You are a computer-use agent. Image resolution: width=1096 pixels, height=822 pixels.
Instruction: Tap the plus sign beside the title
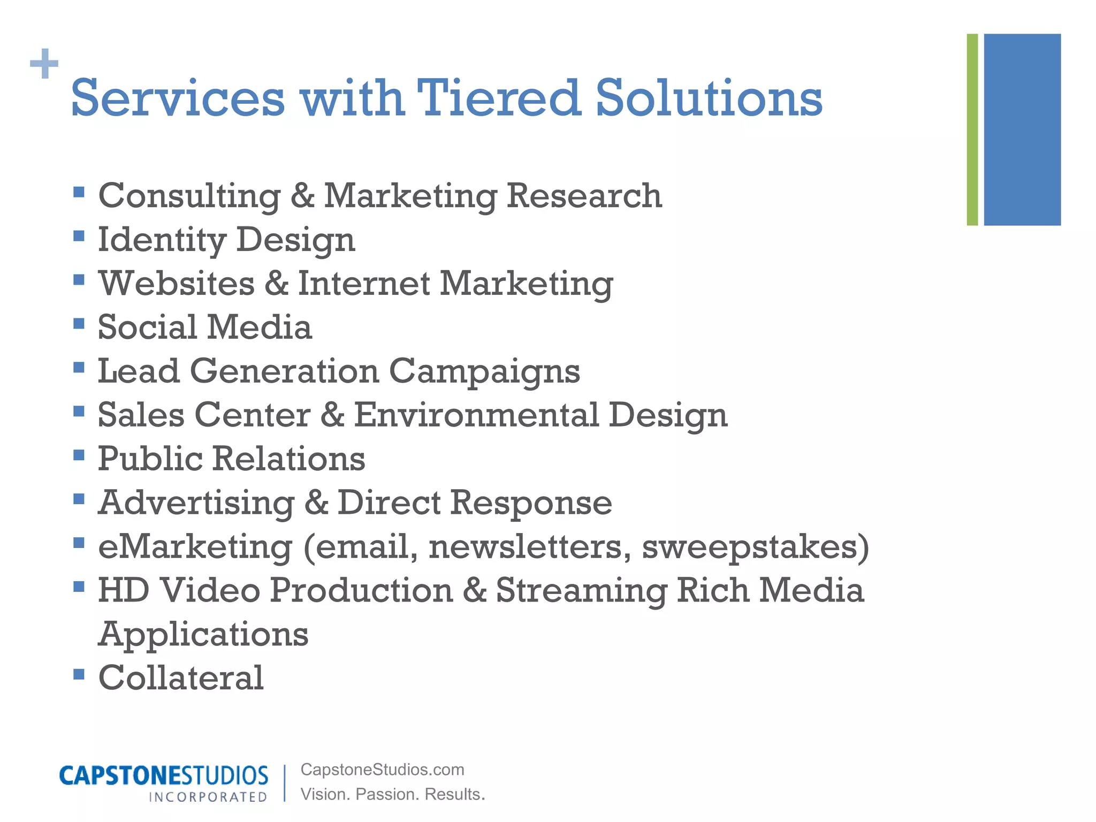pos(44,64)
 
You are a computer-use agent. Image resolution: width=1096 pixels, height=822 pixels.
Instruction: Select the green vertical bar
pos(972,130)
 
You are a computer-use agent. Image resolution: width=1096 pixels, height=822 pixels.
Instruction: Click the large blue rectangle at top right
pos(1022,130)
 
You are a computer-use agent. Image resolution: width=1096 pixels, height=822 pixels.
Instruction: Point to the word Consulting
pos(189,196)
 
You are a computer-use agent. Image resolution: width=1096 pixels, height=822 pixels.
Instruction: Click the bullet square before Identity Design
pos(79,236)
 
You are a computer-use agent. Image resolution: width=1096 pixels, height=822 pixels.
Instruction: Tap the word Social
pos(147,327)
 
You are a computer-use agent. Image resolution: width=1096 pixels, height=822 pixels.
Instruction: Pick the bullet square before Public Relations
pos(79,455)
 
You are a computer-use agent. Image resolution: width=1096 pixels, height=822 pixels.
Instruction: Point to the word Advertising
pos(196,503)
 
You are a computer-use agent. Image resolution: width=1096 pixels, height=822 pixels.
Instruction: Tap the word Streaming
pos(581,591)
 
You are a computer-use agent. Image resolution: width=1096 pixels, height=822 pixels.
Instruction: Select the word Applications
pos(203,635)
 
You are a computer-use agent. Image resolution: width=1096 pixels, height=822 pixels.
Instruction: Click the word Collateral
pos(181,678)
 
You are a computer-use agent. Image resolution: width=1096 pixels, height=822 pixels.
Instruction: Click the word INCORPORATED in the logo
pos(208,797)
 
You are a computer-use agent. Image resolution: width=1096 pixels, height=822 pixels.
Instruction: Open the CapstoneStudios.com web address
pos(382,770)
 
